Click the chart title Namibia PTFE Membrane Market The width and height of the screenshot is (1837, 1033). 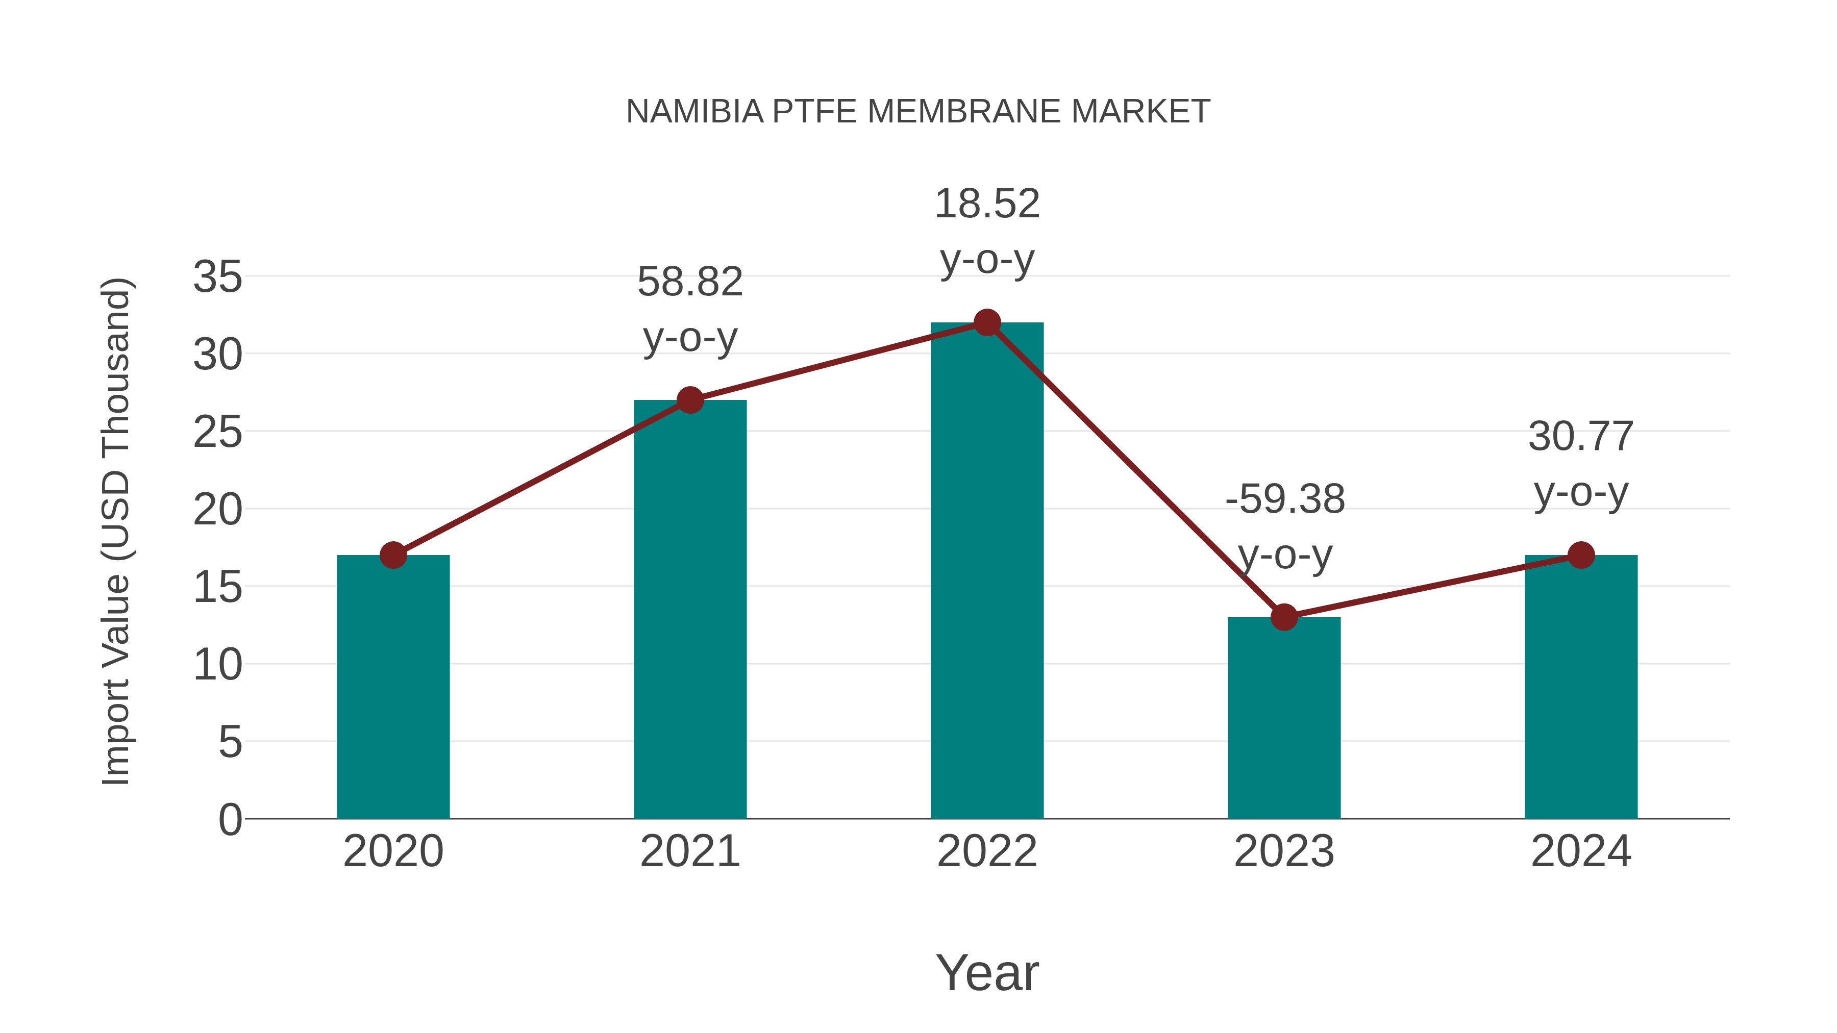918,112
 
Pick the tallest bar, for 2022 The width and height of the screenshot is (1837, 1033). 987,570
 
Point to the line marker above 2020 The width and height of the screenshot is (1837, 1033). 393,555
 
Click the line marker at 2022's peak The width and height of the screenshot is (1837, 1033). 987,322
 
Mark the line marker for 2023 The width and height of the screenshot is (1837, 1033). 1284,617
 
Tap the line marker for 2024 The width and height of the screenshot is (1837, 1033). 1581,555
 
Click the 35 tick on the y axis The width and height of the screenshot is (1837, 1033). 217,276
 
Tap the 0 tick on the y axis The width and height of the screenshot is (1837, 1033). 230,819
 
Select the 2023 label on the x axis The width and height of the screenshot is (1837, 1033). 1284,851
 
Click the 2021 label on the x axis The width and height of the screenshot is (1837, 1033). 689,851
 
